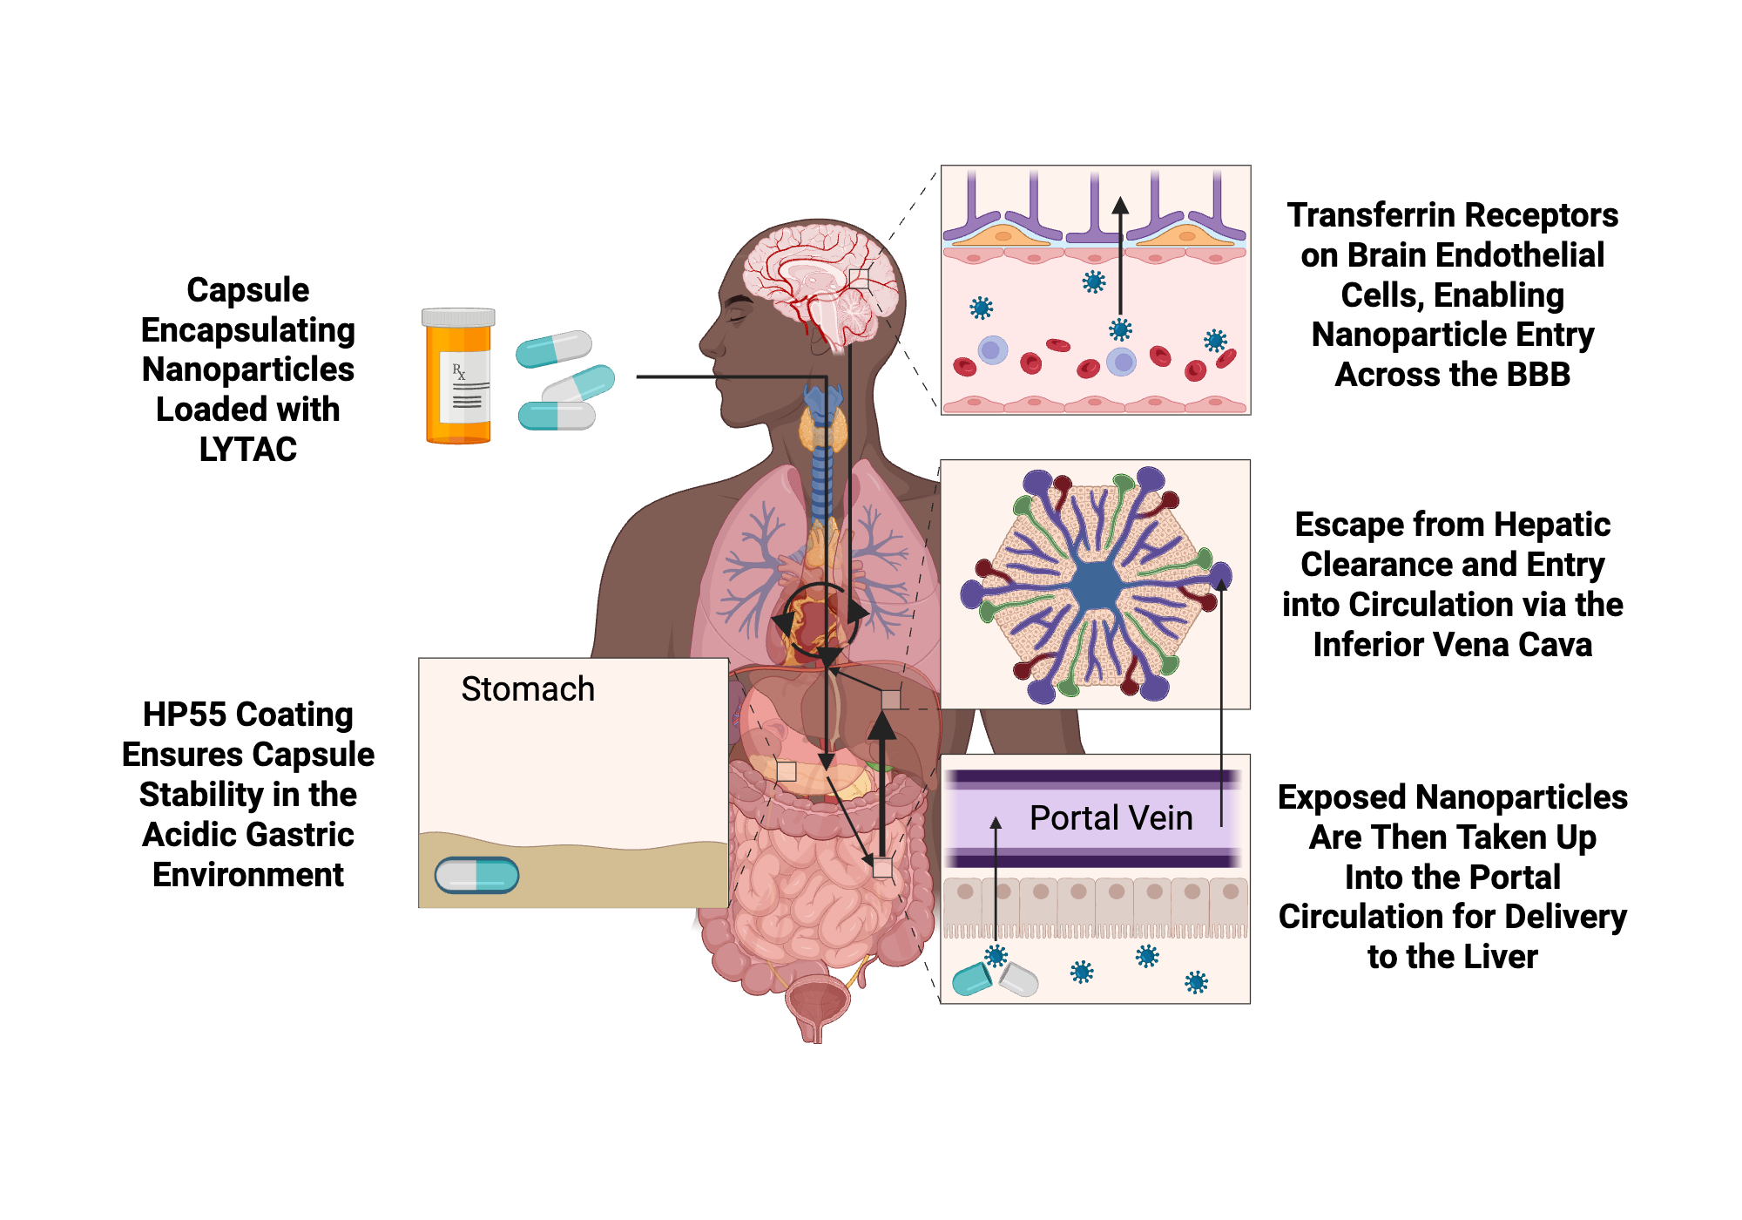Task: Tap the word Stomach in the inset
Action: [527, 689]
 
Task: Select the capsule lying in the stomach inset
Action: [476, 875]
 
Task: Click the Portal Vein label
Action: [1111, 818]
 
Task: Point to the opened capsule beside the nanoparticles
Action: [995, 979]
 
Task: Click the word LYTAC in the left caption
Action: [248, 450]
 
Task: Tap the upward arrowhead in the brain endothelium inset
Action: [1120, 206]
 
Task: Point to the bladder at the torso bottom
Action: [816, 1002]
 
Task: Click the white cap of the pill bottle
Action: [458, 317]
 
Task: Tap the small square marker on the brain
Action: [859, 278]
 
